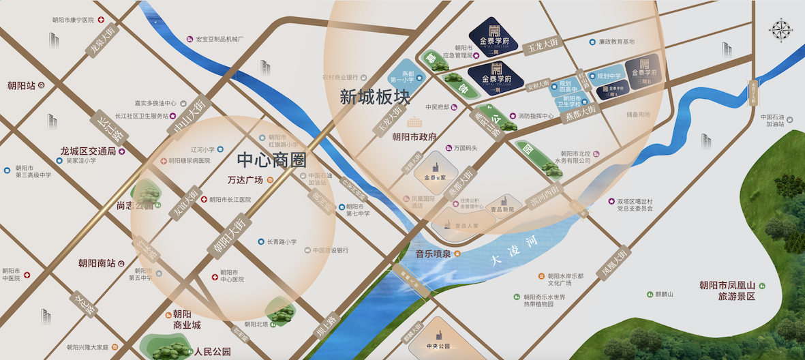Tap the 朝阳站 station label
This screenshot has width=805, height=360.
(x=22, y=85)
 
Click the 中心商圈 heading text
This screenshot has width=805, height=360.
(x=271, y=160)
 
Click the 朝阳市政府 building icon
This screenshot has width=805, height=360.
(x=414, y=123)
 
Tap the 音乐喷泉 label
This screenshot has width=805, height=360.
(x=434, y=254)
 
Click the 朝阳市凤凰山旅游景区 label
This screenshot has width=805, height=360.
(x=732, y=290)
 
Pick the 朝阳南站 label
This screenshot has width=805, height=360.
(x=97, y=262)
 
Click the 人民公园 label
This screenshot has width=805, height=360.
(x=211, y=352)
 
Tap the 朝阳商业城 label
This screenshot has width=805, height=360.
(x=183, y=320)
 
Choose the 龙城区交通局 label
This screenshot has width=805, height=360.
(x=89, y=151)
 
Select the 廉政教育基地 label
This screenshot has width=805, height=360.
(x=616, y=42)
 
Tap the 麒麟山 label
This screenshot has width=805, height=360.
(x=664, y=294)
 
